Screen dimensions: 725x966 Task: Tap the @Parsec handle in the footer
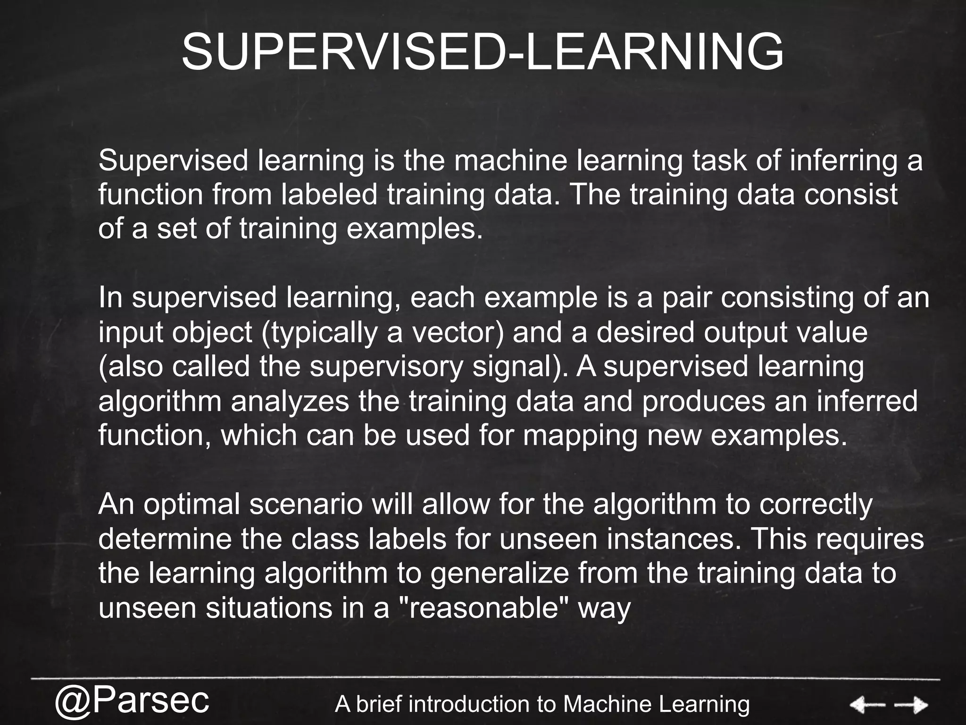(132, 700)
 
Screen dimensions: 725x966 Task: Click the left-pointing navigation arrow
(867, 706)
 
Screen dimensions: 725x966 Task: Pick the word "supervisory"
(386, 367)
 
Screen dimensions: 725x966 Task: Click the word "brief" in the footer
(380, 704)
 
